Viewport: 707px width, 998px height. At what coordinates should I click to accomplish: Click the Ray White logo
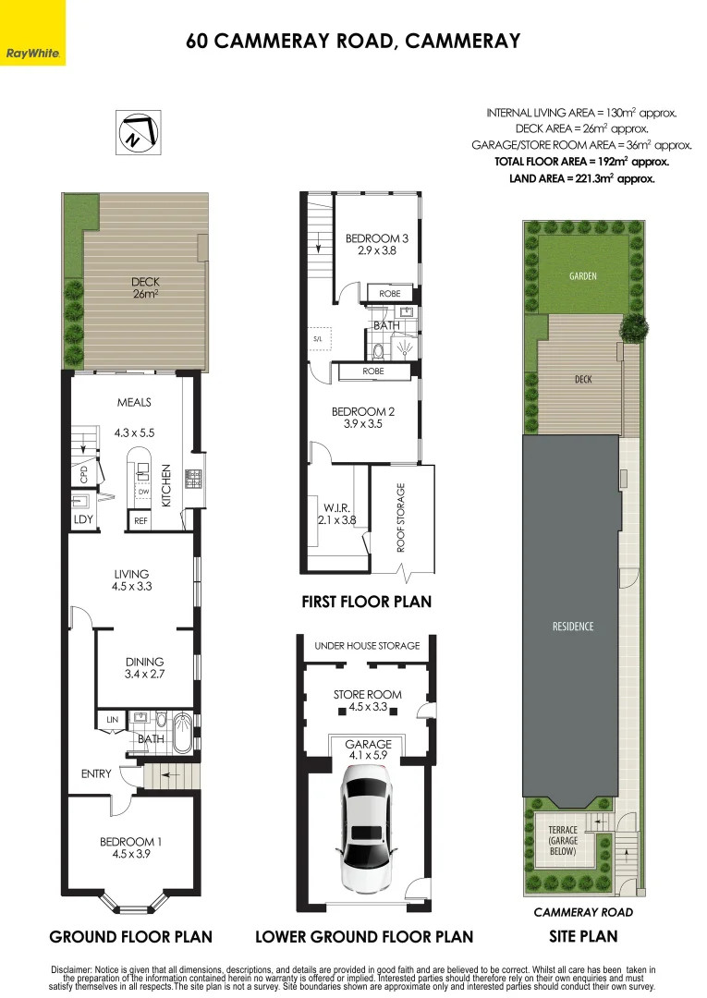32,32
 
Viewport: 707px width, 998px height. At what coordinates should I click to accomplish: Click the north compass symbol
138,132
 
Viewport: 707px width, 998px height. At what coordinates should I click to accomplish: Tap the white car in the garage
369,828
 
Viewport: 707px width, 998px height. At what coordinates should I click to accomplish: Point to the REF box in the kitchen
140,520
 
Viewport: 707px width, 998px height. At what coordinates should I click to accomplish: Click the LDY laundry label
83,519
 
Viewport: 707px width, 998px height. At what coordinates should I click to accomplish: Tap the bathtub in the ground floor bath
182,733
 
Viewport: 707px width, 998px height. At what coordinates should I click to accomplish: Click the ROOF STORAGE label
401,517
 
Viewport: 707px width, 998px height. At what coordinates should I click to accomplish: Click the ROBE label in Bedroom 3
389,294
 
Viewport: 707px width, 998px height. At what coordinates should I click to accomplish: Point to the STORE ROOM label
368,694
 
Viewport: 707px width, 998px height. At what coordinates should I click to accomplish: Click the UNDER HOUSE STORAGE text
367,645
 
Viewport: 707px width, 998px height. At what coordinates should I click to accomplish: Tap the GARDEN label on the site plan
583,275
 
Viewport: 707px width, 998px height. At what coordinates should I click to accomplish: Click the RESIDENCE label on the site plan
573,627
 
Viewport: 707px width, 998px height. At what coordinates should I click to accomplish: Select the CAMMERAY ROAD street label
583,912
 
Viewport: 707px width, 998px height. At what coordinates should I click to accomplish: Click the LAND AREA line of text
581,179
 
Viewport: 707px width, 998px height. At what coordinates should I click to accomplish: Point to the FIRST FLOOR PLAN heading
367,602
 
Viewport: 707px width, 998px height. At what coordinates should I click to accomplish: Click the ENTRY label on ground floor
96,773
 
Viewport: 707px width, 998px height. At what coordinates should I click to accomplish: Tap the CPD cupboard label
83,474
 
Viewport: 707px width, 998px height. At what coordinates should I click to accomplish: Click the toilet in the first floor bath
379,350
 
